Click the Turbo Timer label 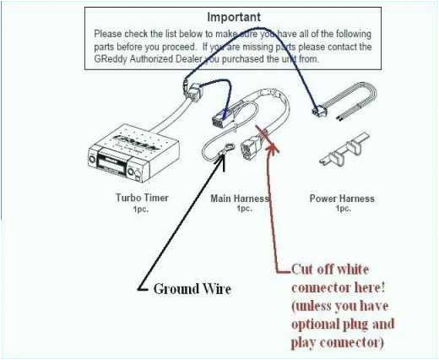point(141,199)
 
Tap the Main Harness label point(239,199)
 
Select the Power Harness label point(341,199)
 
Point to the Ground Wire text point(192,289)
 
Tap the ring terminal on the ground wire point(226,153)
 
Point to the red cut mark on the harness point(268,133)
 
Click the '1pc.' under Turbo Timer point(141,209)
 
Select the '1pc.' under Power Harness point(341,209)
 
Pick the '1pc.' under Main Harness point(243,209)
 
